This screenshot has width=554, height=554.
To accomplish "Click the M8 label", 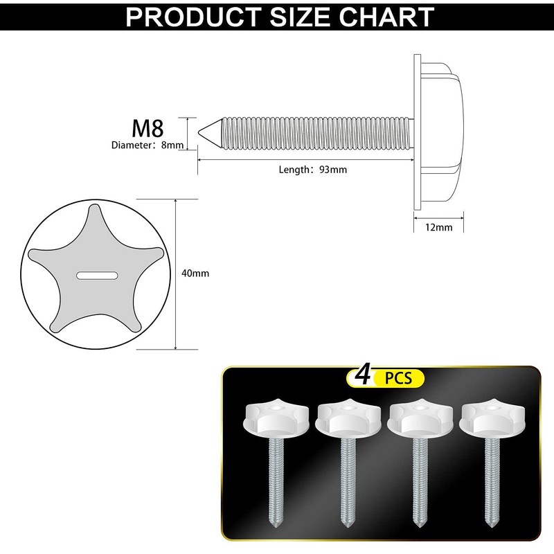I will pos(148,128).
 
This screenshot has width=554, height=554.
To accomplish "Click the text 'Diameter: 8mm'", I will pos(148,145).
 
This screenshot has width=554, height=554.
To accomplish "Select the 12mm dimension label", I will pos(439,227).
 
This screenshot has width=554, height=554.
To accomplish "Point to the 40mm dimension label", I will pos(195,274).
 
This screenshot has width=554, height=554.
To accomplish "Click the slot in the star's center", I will pos(96,275).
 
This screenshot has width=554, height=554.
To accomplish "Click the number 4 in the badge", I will pos(361,377).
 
